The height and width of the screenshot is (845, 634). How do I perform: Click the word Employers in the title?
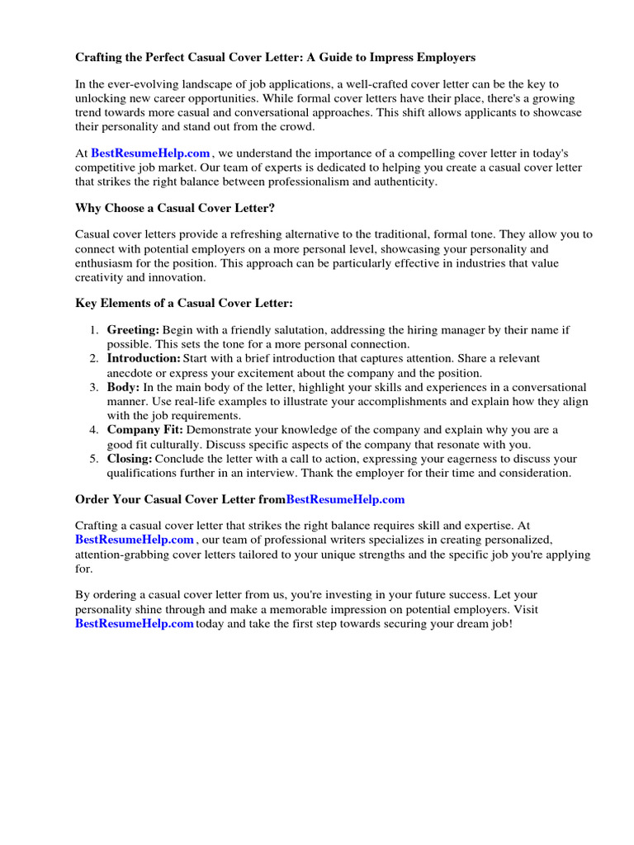click(x=446, y=58)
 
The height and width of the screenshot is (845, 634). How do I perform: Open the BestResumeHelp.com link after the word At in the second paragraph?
click(x=150, y=153)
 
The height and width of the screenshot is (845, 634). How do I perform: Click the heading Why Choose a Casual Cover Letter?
click(x=175, y=208)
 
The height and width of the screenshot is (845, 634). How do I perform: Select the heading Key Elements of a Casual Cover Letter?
click(x=184, y=304)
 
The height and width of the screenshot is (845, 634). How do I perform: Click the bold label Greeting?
click(x=133, y=330)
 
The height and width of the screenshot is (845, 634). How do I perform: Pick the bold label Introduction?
click(x=144, y=359)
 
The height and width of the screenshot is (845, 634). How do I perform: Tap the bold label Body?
click(x=124, y=387)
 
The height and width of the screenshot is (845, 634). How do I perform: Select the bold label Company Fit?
click(x=145, y=430)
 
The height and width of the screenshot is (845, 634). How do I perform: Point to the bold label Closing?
click(x=130, y=459)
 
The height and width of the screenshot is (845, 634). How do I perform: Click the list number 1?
click(x=93, y=330)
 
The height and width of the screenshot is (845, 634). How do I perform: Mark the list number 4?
click(x=93, y=430)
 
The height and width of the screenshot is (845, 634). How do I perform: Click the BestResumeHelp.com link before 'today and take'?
click(x=135, y=624)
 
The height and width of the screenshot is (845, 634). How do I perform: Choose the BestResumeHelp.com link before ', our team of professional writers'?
click(x=135, y=540)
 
